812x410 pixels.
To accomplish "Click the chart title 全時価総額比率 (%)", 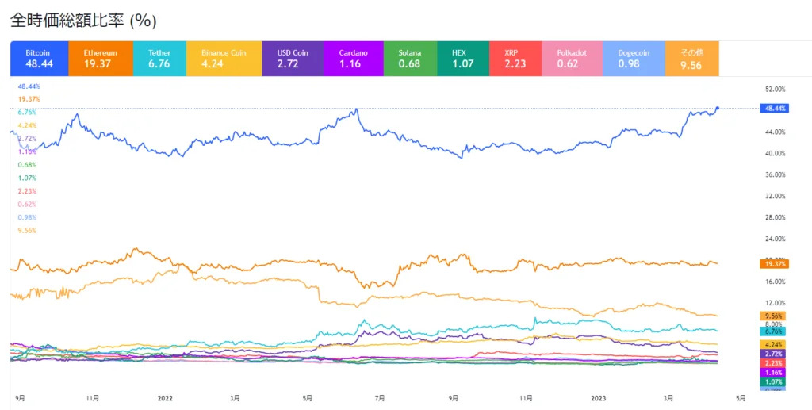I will tap(83, 21).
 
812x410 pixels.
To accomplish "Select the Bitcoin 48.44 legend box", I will tap(39, 59).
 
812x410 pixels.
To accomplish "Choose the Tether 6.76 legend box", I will tap(159, 59).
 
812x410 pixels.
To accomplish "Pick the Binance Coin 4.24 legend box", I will tap(218, 59).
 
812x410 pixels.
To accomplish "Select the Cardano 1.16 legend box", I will tap(351, 59).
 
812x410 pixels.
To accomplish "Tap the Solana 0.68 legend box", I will tap(410, 59).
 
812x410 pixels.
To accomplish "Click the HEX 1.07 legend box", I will tap(463, 59).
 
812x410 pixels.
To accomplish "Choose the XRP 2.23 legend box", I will tap(516, 59).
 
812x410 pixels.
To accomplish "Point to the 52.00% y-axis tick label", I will tap(774, 90).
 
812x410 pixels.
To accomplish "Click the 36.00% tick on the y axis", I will tap(774, 175).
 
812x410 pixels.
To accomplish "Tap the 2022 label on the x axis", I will tap(165, 398).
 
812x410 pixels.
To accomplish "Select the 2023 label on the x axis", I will tap(599, 398).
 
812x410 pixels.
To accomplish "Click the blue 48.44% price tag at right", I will tap(773, 109).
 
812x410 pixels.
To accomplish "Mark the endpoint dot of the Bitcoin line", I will tap(718, 108).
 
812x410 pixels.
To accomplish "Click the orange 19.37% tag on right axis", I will tap(773, 263).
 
